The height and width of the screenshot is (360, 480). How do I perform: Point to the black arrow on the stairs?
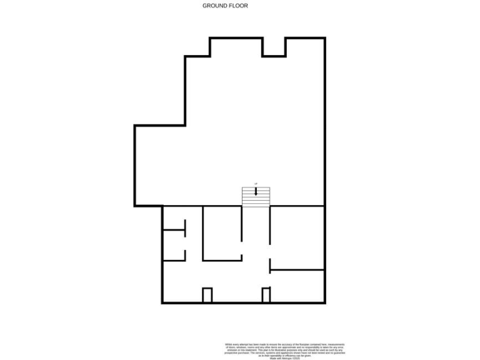pyautogui.click(x=256, y=191)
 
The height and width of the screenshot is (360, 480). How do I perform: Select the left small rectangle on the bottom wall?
pyautogui.click(x=207, y=295)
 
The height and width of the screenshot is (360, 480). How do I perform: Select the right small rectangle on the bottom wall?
pyautogui.click(x=266, y=295)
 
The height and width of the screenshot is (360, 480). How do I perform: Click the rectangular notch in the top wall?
pyautogui.click(x=274, y=47)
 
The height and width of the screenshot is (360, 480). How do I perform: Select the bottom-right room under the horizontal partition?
pyautogui.click(x=297, y=286)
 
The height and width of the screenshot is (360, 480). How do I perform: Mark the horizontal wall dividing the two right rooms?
pyautogui.click(x=297, y=270)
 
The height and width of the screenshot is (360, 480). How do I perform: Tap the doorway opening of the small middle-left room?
pyautogui.click(x=185, y=244)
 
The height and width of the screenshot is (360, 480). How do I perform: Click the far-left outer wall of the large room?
pyautogui.click(x=135, y=166)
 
